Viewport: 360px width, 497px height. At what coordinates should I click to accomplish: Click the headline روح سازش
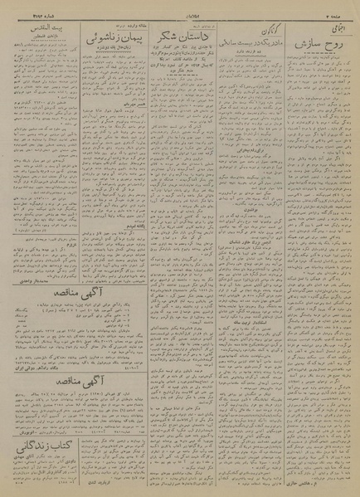[315, 41]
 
